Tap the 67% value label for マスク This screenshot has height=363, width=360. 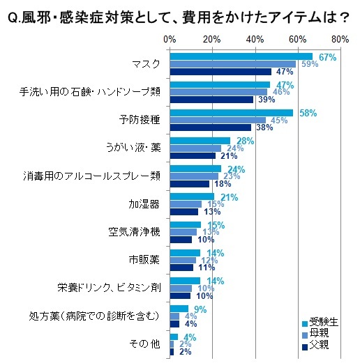pyautogui.click(x=327, y=56)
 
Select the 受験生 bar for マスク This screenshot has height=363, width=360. pyautogui.click(x=241, y=56)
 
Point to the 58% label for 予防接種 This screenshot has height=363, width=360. pyautogui.click(x=308, y=112)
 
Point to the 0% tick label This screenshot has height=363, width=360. pyautogui.click(x=170, y=39)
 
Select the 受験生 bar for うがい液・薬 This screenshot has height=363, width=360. pyautogui.click(x=200, y=141)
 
